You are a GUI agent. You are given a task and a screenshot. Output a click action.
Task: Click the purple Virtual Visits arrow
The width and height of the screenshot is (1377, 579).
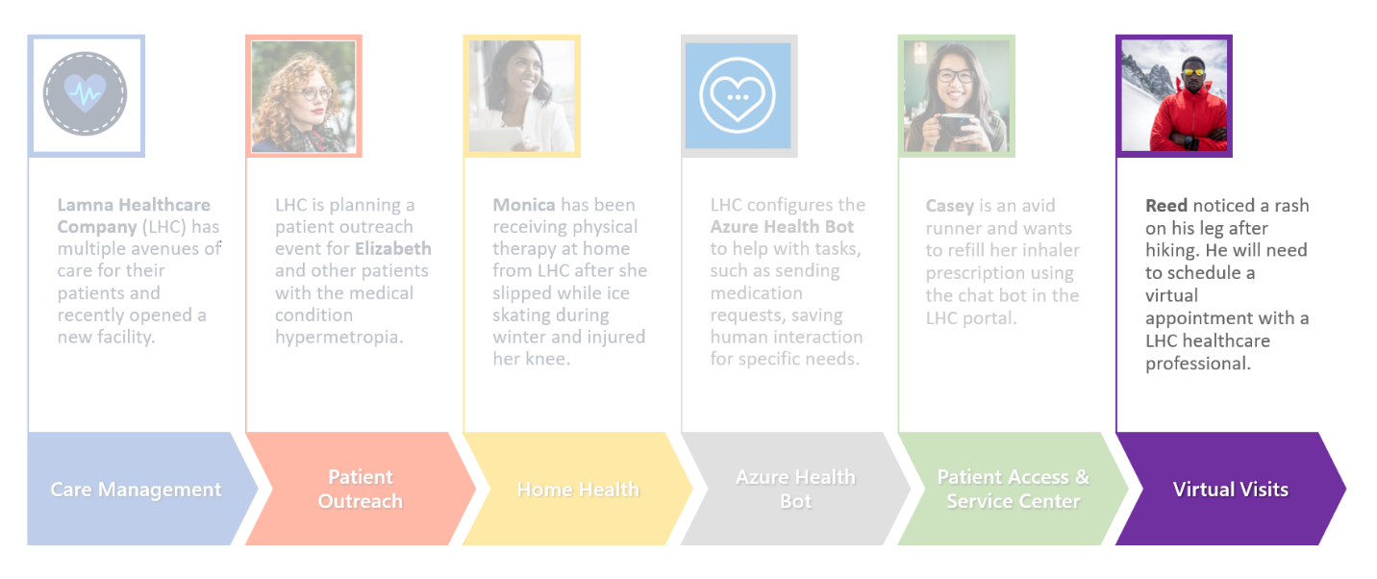point(1231,489)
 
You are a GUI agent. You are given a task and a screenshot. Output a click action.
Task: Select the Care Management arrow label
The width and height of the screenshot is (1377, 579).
point(136,490)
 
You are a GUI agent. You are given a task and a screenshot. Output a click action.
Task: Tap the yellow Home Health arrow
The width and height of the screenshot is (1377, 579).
point(578,489)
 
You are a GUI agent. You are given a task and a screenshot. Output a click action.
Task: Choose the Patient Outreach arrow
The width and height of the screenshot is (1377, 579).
point(361,489)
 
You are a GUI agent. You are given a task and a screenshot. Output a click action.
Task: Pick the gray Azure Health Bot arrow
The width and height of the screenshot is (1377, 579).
point(795,489)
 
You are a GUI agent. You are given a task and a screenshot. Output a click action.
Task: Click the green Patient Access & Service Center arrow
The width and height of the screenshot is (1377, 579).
point(1014,489)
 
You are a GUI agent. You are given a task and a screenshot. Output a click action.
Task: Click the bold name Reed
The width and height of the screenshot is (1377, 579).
point(1166,205)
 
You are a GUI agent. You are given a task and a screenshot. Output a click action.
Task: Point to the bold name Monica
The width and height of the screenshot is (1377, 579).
point(524,205)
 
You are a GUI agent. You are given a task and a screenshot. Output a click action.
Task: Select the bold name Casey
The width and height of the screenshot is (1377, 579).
point(950,206)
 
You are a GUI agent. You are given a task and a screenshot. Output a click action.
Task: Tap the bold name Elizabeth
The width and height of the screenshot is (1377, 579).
point(393,248)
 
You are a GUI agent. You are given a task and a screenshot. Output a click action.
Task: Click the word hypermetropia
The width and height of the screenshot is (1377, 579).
point(338,338)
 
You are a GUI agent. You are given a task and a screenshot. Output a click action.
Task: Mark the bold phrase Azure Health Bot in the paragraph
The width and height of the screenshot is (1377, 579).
point(782,227)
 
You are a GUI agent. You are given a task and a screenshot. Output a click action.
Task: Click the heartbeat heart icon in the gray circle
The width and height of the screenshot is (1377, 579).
point(86,93)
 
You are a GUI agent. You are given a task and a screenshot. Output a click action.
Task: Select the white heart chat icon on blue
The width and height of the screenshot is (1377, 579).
point(738,95)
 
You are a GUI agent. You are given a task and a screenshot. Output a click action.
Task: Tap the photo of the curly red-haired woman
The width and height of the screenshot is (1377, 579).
point(304,96)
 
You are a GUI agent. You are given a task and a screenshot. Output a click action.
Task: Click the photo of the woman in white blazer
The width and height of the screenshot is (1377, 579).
point(522,96)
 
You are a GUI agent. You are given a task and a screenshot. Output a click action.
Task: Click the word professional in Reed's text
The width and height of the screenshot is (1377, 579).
point(1197,364)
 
